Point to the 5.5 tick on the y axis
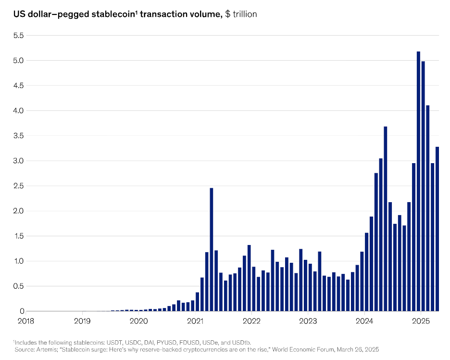tap(18, 36)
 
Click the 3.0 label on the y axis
tap(18, 161)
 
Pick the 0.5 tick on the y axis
tap(18, 286)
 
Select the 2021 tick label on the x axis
tap(195, 321)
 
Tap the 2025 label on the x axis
tap(421, 321)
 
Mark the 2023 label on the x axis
tap(308, 321)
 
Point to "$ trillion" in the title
tap(241, 14)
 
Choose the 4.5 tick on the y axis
tap(18, 86)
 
